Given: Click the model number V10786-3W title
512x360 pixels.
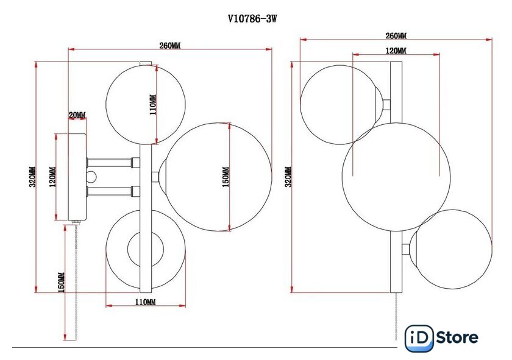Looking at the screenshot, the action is point(252,19).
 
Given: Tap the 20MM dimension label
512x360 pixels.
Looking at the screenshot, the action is point(77,115).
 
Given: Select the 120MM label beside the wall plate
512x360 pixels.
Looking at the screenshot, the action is point(52,177).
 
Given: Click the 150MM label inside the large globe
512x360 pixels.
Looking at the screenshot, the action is point(226,177).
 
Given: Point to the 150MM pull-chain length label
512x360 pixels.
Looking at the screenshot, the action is point(61,282).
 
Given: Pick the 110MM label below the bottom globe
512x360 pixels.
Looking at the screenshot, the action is point(145,302).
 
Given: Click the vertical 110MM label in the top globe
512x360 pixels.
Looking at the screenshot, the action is point(153,104).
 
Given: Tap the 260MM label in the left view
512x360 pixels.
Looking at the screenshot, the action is point(170,45).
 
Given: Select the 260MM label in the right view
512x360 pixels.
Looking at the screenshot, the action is point(396,35).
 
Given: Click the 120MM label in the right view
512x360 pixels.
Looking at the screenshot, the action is point(396,51).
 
